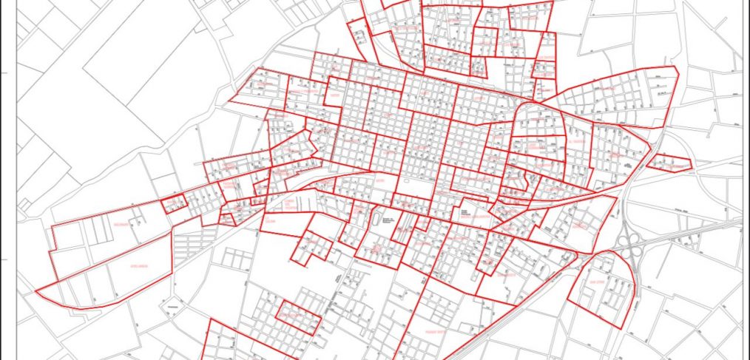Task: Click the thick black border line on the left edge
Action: point(1,177)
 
